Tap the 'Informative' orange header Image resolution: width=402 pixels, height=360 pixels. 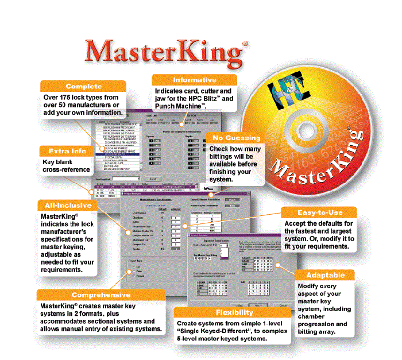tap(195, 80)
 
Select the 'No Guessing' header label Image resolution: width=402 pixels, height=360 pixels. tap(237, 138)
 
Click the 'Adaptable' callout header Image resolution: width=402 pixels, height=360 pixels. tap(326, 274)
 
